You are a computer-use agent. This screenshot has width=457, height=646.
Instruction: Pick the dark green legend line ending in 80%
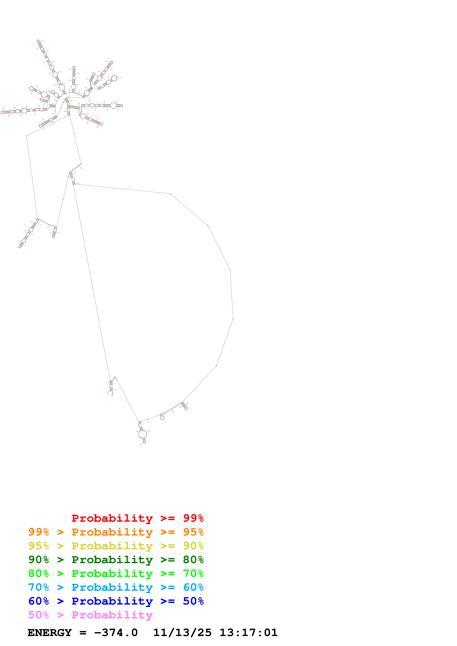click(x=116, y=560)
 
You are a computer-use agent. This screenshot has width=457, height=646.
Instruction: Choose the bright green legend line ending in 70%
click(x=116, y=573)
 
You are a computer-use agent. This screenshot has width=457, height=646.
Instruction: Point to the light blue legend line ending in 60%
click(x=116, y=587)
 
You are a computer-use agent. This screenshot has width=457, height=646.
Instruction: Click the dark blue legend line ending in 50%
click(x=116, y=601)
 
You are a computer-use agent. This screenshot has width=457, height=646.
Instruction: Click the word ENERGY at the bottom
click(x=50, y=633)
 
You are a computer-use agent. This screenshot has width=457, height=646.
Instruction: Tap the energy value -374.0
click(x=116, y=633)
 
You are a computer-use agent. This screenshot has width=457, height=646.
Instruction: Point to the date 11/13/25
click(x=182, y=633)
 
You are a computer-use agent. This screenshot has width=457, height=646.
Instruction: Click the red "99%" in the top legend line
click(x=193, y=518)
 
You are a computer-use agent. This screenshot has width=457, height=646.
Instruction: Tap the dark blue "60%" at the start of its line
click(x=39, y=601)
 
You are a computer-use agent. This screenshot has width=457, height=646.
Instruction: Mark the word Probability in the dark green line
click(x=112, y=560)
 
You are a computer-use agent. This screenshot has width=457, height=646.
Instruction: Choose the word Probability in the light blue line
click(x=112, y=587)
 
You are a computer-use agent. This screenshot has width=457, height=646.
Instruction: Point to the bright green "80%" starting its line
click(x=39, y=573)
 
